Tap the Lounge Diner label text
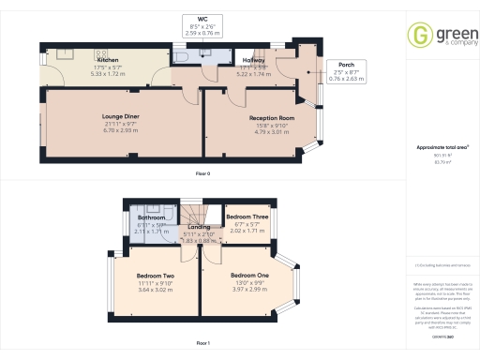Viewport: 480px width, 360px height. (120, 117)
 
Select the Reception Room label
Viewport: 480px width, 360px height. (272, 117)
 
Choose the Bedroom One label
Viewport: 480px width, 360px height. (250, 275)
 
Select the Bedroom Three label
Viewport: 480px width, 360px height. (248, 215)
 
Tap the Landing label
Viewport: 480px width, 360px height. (199, 228)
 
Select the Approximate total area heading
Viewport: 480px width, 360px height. (442, 148)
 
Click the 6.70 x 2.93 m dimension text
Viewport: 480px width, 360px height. (120, 130)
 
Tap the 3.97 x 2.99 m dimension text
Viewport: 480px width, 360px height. (250, 288)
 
